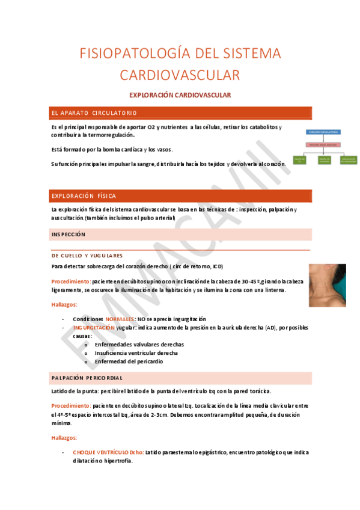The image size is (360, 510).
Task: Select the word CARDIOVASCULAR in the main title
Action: point(180,75)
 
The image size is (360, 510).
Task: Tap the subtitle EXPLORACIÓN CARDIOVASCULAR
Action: point(180,95)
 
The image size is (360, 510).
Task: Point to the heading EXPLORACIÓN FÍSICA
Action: point(84,196)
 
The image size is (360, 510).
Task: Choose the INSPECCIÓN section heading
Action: point(69,234)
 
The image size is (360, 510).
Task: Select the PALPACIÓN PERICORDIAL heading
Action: point(87,378)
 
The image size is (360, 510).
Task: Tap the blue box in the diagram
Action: point(323,131)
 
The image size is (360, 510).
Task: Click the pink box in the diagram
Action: point(323,144)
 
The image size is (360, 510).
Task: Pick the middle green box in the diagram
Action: point(324,159)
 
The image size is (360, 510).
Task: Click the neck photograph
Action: point(328,285)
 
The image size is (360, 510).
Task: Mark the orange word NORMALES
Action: point(120,319)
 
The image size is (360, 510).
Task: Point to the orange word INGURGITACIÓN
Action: point(94,327)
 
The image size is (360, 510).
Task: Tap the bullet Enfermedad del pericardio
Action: point(129,361)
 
